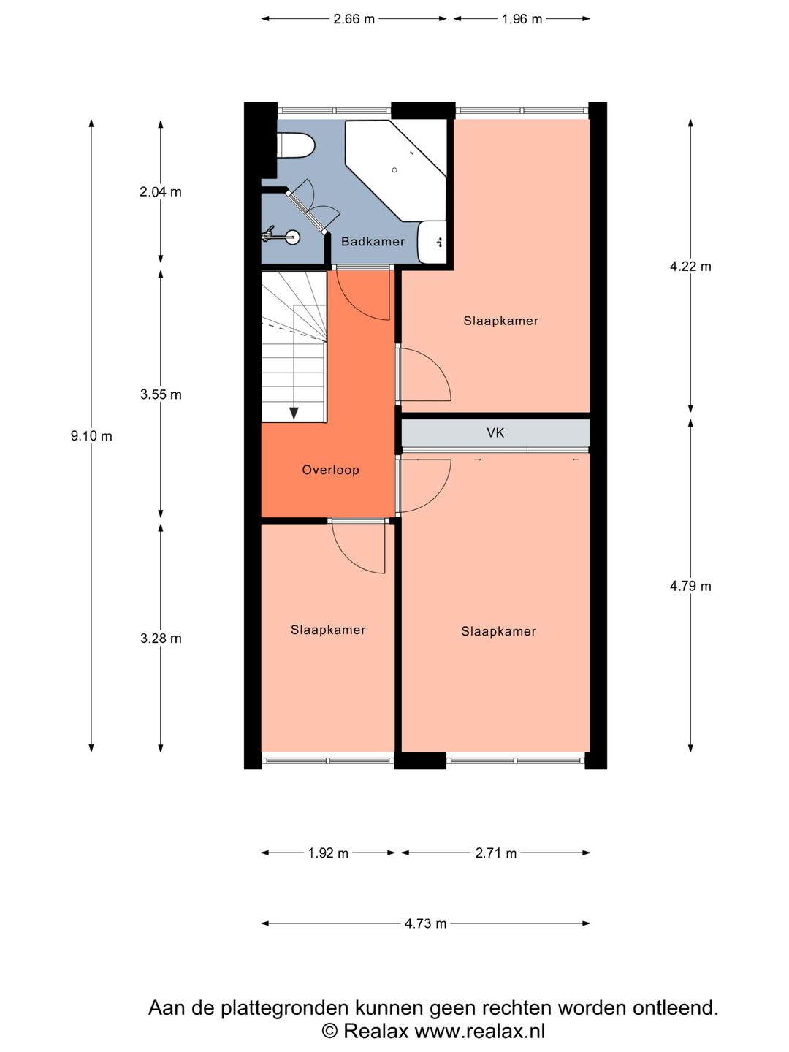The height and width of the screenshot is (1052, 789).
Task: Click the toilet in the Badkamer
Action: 296,145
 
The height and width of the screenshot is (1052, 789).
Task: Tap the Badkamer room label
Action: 373,242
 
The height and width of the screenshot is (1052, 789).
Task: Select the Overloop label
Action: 330,470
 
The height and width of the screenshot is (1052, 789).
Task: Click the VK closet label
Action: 495,432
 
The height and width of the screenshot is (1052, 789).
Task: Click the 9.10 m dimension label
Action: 91,436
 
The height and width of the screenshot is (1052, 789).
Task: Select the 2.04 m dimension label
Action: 161,192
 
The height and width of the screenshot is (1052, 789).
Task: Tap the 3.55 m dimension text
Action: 161,395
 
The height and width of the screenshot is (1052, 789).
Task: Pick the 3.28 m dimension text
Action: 161,639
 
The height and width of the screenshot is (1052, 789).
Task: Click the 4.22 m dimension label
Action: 690,267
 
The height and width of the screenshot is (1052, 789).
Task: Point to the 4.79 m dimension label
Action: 690,586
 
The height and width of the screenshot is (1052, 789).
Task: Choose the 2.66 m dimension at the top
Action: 354,19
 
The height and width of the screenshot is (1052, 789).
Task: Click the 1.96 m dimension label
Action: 522,19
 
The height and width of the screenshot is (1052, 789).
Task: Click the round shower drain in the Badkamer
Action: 394,170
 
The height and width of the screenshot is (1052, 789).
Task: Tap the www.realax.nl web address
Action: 479,1031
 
